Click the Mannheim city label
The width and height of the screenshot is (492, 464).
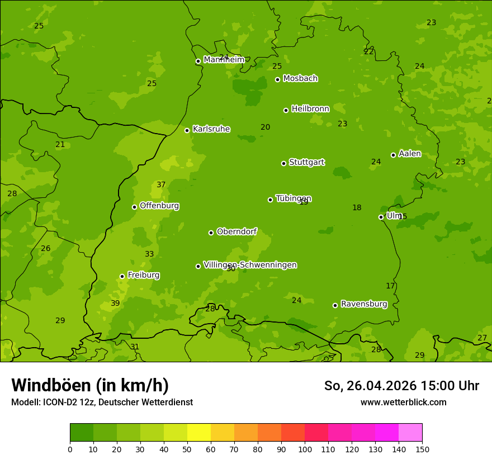(224, 59)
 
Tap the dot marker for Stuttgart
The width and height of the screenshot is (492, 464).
(283, 163)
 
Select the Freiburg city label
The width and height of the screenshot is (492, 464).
(143, 275)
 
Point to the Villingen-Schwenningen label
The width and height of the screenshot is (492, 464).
(250, 265)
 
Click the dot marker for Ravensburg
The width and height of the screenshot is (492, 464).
(335, 305)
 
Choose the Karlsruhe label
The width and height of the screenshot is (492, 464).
(211, 129)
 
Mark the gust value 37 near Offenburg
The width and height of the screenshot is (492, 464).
(161, 185)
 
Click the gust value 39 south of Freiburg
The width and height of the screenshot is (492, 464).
(115, 304)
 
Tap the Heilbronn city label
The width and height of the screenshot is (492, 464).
(310, 109)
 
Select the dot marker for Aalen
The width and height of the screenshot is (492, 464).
(393, 155)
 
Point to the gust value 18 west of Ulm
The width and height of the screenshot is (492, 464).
(357, 208)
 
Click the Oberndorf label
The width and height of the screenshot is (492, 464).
(236, 231)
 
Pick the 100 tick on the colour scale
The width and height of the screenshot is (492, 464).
(305, 449)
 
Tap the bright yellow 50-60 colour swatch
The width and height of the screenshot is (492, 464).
(199, 433)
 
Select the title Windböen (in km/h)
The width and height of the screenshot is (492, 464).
(90, 386)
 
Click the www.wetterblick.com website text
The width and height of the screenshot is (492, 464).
(403, 403)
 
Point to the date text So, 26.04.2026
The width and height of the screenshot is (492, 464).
(371, 386)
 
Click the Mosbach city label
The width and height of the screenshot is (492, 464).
(300, 78)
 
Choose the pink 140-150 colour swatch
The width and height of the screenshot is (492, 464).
(410, 433)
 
